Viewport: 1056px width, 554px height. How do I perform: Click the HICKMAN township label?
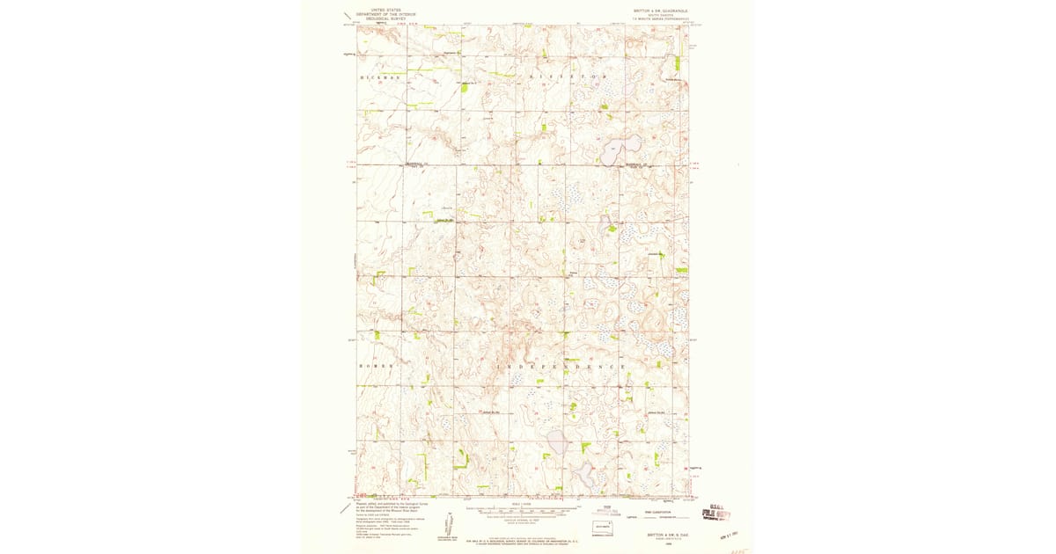pyautogui.click(x=380, y=77)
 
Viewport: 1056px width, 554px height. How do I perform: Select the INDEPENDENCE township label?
pyautogui.click(x=563, y=366)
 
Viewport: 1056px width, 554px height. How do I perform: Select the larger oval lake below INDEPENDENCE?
pyautogui.click(x=557, y=441)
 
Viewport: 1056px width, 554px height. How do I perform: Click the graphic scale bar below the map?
pyautogui.click(x=523, y=509)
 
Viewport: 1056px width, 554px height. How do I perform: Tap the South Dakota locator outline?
pyautogui.click(x=602, y=526)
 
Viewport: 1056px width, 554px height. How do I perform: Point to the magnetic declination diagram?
pyautogui.click(x=443, y=522)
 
